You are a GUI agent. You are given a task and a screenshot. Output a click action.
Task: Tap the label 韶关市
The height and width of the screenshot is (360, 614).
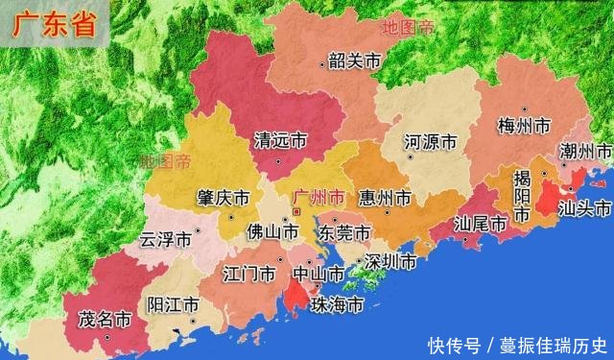click(354, 61)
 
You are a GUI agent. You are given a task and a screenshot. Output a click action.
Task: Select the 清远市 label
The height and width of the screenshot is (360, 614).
click(279, 140)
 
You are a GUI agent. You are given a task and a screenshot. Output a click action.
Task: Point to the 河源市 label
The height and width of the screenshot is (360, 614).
click(430, 142)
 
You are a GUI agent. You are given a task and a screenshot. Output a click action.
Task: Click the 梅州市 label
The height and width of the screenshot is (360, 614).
click(525, 126)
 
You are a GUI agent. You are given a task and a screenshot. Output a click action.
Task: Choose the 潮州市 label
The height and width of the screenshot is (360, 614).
click(585, 152)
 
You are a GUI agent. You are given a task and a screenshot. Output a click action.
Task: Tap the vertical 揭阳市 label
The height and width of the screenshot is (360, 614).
click(522, 196)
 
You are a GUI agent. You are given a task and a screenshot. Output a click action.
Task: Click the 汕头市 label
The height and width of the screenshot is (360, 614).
click(584, 208)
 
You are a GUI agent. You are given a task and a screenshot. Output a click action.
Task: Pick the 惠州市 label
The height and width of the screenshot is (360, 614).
click(384, 198)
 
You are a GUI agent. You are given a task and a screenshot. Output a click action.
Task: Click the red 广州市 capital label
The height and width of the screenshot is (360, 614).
click(319, 196)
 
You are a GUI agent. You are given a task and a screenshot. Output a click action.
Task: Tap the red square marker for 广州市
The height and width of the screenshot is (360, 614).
click(296, 210)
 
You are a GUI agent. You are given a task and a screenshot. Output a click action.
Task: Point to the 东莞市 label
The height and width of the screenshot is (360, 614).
click(344, 233)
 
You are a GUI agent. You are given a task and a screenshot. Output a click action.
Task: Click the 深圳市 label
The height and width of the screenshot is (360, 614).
click(390, 261)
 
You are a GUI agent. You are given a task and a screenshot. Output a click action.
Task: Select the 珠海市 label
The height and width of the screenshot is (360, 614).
click(337, 305)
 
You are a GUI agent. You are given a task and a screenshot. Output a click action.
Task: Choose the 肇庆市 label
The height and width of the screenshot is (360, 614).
click(223, 197)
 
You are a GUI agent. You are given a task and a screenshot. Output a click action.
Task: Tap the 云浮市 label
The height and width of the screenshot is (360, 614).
click(166, 238)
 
